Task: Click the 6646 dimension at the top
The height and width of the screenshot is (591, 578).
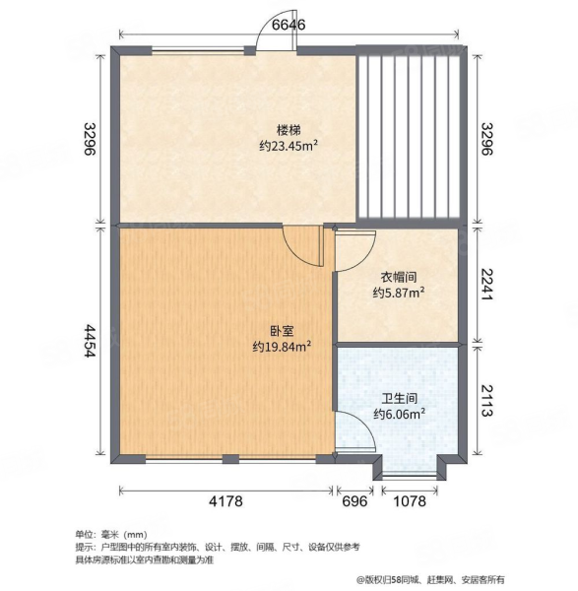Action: (x=289, y=25)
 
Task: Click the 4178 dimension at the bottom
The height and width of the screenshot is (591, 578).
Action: (x=225, y=501)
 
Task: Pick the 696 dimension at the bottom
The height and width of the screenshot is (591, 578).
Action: (x=355, y=501)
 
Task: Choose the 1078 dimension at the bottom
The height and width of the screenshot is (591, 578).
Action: (x=409, y=501)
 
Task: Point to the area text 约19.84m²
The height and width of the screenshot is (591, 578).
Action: (x=282, y=347)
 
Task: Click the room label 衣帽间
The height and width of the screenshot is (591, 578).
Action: (x=399, y=277)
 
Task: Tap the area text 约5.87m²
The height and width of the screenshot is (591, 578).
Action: (x=399, y=293)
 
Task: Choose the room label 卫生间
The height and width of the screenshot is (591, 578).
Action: (x=399, y=399)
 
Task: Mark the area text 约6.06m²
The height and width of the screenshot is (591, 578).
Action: (x=399, y=415)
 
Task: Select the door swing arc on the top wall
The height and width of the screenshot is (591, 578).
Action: (x=269, y=33)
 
